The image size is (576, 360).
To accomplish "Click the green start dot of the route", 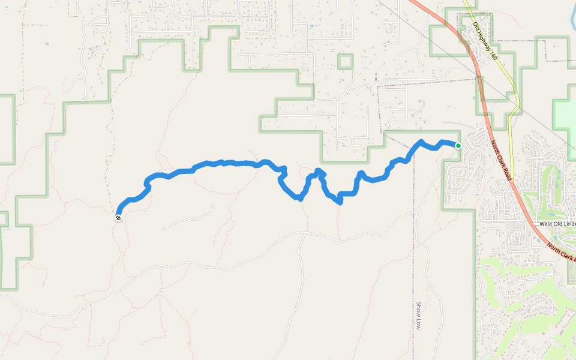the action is click(458, 146).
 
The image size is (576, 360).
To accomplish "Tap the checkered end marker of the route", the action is click(118, 218).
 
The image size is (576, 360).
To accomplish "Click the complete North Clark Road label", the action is click(500, 161).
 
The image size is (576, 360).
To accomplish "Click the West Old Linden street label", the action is click(557, 224).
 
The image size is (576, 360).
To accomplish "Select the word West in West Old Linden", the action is click(546, 224).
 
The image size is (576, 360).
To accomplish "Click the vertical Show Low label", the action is click(418, 316).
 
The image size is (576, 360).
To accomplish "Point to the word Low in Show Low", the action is click(418, 325).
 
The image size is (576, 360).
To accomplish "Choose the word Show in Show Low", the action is click(418, 310).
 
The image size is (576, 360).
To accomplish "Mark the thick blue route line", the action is click(240, 163).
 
